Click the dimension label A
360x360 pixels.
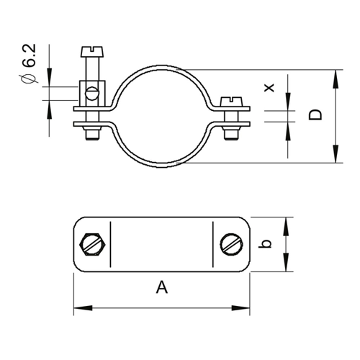162,287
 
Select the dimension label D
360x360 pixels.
315,115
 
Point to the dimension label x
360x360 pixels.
269,88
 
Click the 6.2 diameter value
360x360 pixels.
30,55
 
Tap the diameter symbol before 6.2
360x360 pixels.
28,79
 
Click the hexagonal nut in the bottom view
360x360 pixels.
92,244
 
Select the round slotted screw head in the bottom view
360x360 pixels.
231,244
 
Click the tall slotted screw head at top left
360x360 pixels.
92,52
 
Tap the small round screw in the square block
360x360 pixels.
92,94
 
